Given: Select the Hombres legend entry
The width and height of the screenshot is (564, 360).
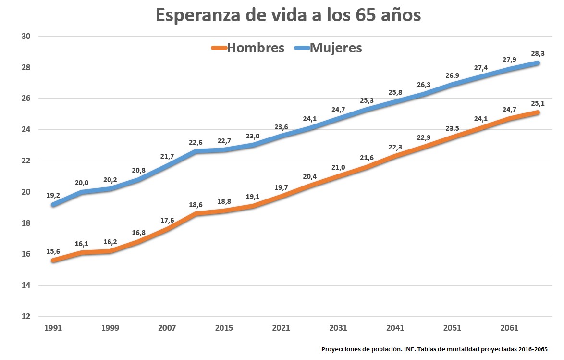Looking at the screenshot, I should [x=255, y=48].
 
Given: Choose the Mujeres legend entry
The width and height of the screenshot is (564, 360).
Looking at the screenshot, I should [x=336, y=48].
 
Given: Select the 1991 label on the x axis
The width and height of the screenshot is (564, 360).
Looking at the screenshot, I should [x=52, y=328].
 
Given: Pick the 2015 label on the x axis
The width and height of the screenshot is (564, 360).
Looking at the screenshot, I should [x=224, y=328].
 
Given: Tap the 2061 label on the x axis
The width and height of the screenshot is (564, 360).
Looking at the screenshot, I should [x=509, y=328].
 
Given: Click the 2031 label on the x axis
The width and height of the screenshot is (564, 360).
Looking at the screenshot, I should [x=338, y=328].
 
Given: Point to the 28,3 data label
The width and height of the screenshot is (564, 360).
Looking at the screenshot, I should [x=538, y=53].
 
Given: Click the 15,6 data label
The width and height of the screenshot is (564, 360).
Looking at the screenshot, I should [x=53, y=251].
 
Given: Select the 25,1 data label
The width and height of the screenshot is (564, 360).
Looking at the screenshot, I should [x=538, y=103].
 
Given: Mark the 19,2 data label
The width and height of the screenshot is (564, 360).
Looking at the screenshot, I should [x=53, y=195].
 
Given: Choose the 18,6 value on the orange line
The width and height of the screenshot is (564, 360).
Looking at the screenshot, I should [x=196, y=204].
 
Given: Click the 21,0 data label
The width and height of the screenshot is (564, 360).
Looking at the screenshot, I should [x=338, y=167].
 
